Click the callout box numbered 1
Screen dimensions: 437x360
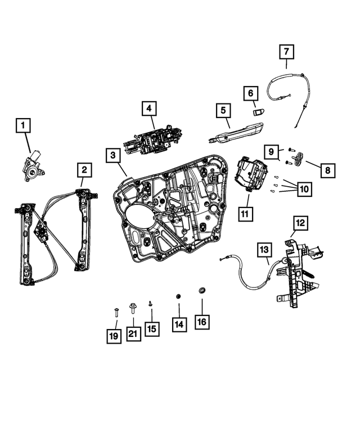point(24,125)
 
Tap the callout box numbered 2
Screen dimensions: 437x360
point(84,169)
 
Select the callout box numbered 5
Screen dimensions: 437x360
point(222,110)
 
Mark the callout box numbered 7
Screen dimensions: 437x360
point(286,52)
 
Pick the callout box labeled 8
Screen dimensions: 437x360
point(327,169)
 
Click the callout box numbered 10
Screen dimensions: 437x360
point(304,189)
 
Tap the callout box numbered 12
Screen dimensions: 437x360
point(300,223)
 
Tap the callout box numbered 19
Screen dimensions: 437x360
point(114,336)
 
